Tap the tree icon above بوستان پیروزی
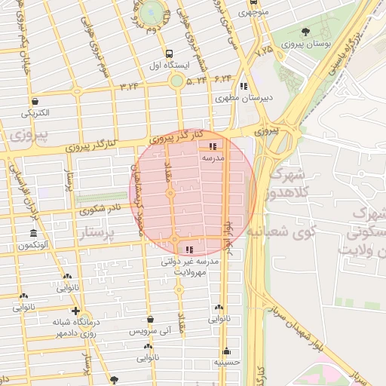click(x=305, y=32)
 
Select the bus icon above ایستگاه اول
click(x=169, y=54)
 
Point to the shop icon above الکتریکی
click(x=35, y=101)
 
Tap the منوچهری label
click(x=252, y=12)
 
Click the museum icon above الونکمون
click(x=33, y=233)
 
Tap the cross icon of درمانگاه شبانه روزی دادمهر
click(x=75, y=311)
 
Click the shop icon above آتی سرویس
click(x=149, y=320)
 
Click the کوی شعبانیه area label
click(x=294, y=230)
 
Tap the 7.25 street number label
click(x=265, y=53)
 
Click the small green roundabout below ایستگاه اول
click(x=176, y=81)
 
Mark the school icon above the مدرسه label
click(x=213, y=146)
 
